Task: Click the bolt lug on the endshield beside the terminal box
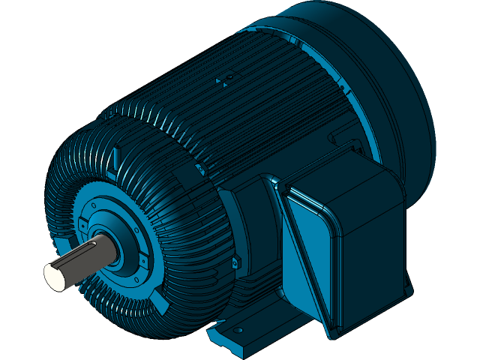pos(234,262)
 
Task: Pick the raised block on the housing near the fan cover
pos(337,139)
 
